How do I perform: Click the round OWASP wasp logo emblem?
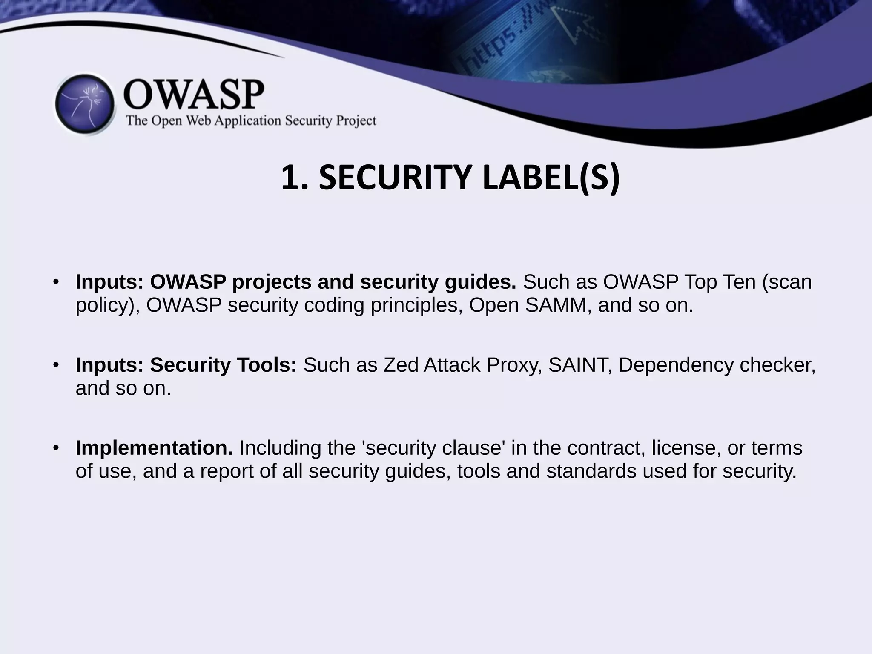click(x=85, y=104)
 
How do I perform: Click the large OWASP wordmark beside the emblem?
click(x=194, y=95)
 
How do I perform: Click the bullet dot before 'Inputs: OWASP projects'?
click(x=55, y=282)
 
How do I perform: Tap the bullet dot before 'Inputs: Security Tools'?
click(x=55, y=365)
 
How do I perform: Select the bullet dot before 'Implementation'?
click(x=55, y=448)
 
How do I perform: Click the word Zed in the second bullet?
click(x=401, y=365)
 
